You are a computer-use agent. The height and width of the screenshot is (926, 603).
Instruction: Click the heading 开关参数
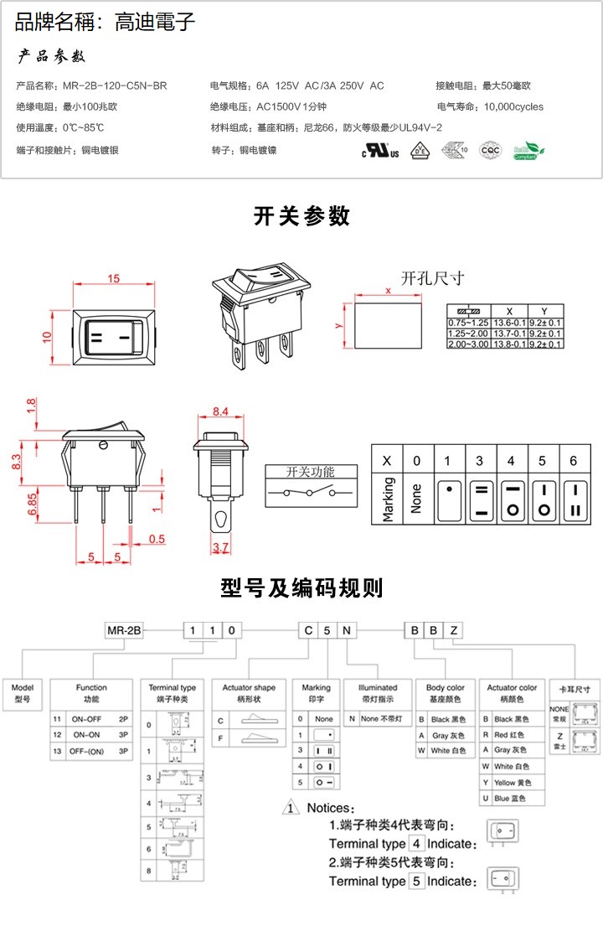click(x=301, y=216)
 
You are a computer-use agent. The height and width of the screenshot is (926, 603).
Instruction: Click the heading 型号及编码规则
click(x=301, y=588)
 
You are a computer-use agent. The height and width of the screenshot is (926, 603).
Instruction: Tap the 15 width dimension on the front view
click(x=114, y=279)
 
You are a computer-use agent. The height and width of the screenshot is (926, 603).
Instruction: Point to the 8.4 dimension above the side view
click(x=220, y=411)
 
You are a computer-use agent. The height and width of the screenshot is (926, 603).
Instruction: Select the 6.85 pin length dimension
click(x=32, y=503)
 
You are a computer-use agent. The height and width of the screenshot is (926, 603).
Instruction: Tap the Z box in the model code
click(x=453, y=630)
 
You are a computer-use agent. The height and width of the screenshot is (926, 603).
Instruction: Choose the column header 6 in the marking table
click(x=574, y=461)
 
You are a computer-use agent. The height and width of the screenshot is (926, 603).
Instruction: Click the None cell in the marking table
click(x=416, y=499)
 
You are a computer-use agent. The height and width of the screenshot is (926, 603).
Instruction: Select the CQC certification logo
click(x=490, y=151)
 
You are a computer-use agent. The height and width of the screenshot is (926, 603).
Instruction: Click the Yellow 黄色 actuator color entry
click(x=511, y=783)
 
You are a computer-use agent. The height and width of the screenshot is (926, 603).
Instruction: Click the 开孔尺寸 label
click(x=431, y=278)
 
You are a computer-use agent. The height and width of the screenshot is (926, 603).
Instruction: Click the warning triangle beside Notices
click(x=290, y=809)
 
